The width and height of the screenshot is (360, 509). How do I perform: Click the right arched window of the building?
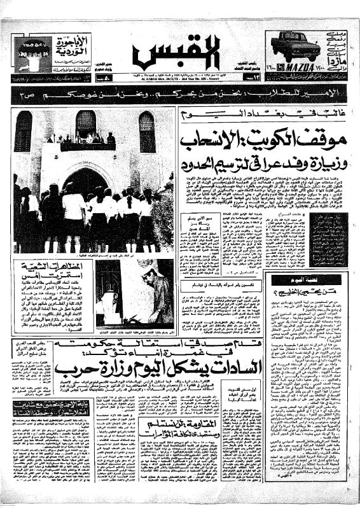click(146, 131)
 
